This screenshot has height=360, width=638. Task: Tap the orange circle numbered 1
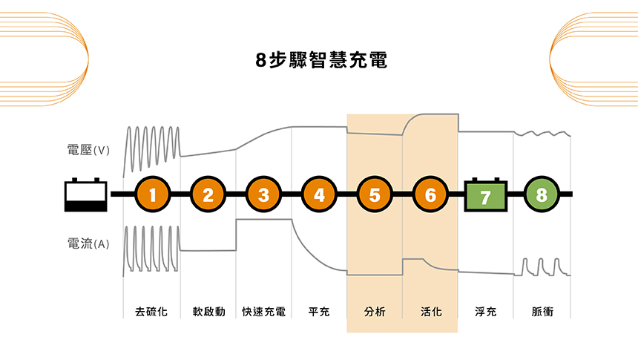click(x=152, y=195)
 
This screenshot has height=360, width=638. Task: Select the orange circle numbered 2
click(x=208, y=195)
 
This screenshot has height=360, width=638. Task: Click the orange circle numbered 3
click(x=263, y=195)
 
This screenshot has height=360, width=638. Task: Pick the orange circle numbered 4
click(x=319, y=195)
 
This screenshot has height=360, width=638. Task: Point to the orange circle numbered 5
click(x=375, y=195)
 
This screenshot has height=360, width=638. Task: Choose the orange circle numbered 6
click(x=430, y=195)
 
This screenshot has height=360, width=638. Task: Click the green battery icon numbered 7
click(x=485, y=196)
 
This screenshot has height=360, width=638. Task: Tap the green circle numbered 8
click(x=541, y=195)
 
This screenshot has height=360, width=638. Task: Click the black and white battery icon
click(x=86, y=195)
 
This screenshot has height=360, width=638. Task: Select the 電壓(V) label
click(x=88, y=150)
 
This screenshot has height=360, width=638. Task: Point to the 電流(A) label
click(x=88, y=243)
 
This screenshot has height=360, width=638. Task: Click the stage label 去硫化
click(x=152, y=312)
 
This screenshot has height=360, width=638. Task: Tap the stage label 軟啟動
click(x=208, y=312)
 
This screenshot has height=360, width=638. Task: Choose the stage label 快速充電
click(x=263, y=312)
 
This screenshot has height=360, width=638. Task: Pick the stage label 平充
click(x=319, y=312)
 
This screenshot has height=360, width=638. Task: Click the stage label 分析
click(x=375, y=312)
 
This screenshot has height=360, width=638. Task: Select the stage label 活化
click(x=430, y=312)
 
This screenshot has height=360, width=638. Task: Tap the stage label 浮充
click(x=485, y=312)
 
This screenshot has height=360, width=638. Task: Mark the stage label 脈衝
click(x=542, y=312)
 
